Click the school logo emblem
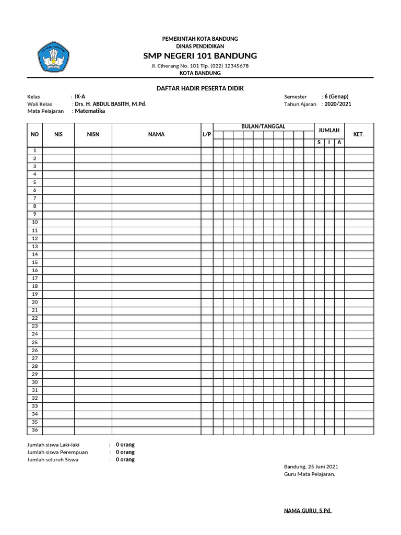point(53,57)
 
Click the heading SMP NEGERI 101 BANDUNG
point(200,55)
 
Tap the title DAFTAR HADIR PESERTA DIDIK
point(200,88)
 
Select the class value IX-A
point(80,97)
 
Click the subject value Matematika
point(90,111)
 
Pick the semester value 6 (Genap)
point(336,97)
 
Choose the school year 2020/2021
point(338,104)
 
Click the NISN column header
point(93,134)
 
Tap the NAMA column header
point(156,134)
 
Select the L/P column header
point(207,134)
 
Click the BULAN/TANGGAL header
point(263,127)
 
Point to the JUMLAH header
point(329,130)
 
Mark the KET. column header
point(359,134)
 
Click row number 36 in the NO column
point(35,430)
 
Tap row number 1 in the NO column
point(35,150)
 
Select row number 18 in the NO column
point(35,286)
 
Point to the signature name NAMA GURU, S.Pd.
point(308,510)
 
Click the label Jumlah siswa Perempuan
point(57,452)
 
